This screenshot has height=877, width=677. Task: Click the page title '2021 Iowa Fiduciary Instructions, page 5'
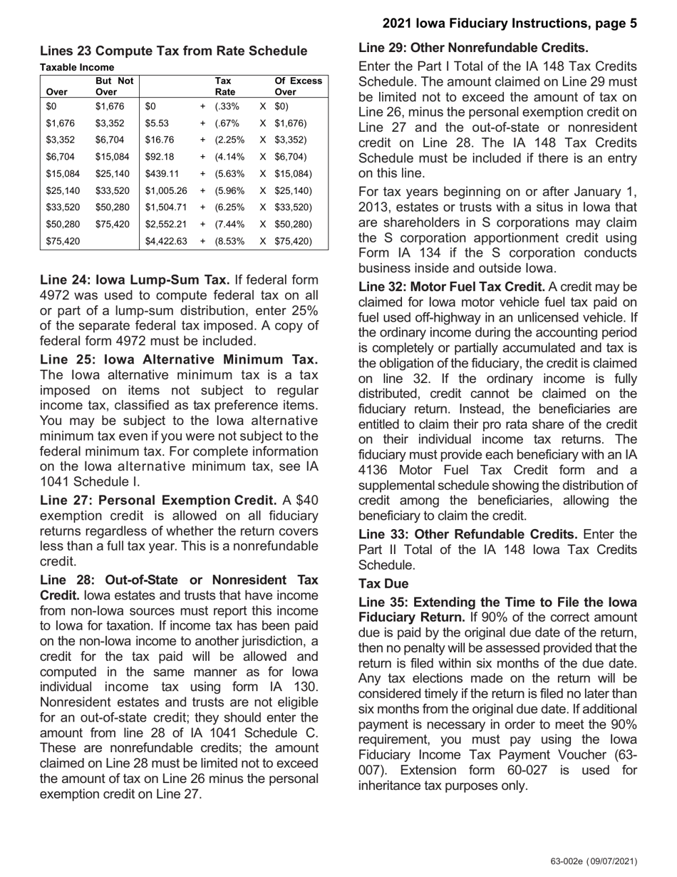coord(510,24)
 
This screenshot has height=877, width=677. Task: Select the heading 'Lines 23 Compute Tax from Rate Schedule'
coord(173,51)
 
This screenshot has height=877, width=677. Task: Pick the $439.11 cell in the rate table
coord(162,173)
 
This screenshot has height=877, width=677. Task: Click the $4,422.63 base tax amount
coord(165,241)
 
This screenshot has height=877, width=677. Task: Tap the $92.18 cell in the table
coord(159,157)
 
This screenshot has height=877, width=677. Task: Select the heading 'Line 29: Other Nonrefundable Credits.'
coord(473,48)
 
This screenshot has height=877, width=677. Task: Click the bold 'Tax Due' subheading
coord(383,584)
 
